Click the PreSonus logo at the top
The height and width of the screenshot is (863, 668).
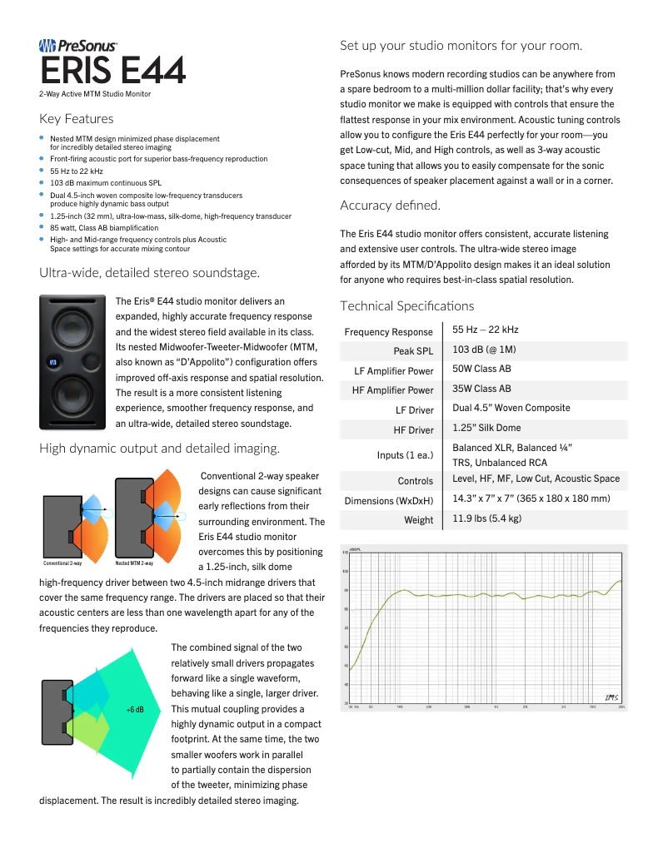(x=78, y=47)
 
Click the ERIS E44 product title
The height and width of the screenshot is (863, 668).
(x=112, y=72)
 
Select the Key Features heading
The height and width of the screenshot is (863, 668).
(x=76, y=119)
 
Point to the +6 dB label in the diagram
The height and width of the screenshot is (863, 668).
(x=135, y=710)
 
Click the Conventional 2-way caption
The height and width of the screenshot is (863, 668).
(x=62, y=563)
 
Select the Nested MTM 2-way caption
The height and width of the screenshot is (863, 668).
(x=133, y=563)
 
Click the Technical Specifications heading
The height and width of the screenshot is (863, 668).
(x=406, y=305)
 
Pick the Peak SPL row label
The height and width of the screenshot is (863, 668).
(x=413, y=351)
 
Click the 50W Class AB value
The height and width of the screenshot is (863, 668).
(x=481, y=369)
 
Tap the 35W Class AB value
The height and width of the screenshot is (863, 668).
(x=481, y=389)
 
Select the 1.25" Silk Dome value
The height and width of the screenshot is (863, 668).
(x=486, y=428)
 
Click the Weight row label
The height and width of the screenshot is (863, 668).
(x=419, y=520)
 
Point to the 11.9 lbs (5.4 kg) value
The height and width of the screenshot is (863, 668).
(x=486, y=518)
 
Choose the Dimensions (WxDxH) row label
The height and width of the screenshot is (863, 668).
(x=389, y=501)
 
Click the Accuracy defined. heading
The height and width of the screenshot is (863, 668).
(x=390, y=205)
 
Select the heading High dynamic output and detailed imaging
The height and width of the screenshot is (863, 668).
(x=159, y=449)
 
